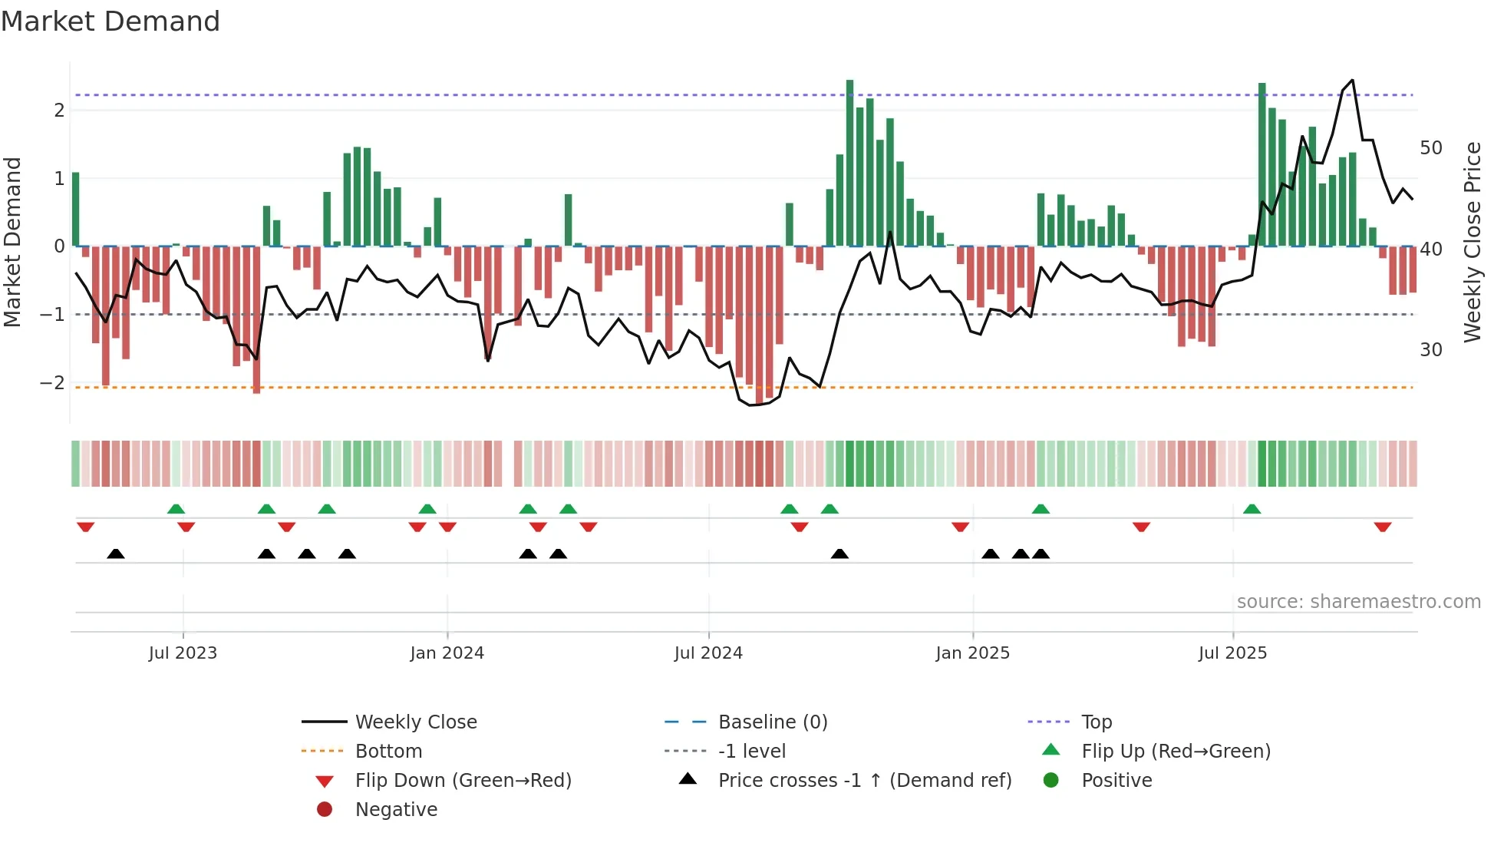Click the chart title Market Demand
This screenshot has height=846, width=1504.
tap(110, 21)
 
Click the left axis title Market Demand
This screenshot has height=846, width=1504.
tap(13, 243)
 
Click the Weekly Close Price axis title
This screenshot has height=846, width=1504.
tap(1472, 243)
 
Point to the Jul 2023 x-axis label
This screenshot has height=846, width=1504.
tap(183, 653)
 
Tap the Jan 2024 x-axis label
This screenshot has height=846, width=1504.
tap(447, 653)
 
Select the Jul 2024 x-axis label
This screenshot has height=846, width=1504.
tap(708, 653)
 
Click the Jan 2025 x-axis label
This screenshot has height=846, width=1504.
tap(972, 653)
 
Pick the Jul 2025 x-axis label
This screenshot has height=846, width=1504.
tap(1232, 653)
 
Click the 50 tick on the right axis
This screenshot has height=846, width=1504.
tap(1430, 148)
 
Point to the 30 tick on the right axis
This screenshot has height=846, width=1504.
tap(1430, 350)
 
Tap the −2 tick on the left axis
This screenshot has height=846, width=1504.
tap(52, 382)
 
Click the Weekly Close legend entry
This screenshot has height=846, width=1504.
tap(415, 722)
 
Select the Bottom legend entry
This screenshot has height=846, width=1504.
tap(388, 752)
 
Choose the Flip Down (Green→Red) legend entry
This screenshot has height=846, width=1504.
tap(463, 781)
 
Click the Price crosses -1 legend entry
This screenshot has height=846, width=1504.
tap(864, 781)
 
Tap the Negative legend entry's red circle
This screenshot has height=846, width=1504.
tap(325, 810)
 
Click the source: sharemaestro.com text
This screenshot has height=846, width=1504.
tap(1358, 602)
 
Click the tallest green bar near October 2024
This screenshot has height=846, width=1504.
tap(849, 161)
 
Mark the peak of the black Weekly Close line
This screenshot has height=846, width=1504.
tap(1352, 81)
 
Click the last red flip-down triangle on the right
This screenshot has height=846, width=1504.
tap(1383, 527)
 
